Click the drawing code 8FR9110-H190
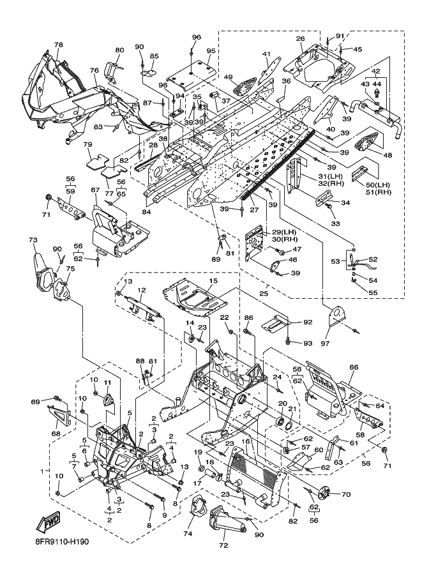tap(60, 541)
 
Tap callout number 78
tap(58, 45)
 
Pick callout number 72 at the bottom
tap(223, 545)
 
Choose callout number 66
tap(354, 367)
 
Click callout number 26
tap(300, 39)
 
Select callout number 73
tap(33, 240)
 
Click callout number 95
tap(211, 50)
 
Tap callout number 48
tap(388, 155)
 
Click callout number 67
tap(95, 190)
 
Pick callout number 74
tap(188, 534)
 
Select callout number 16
tap(245, 441)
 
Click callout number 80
tap(119, 50)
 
